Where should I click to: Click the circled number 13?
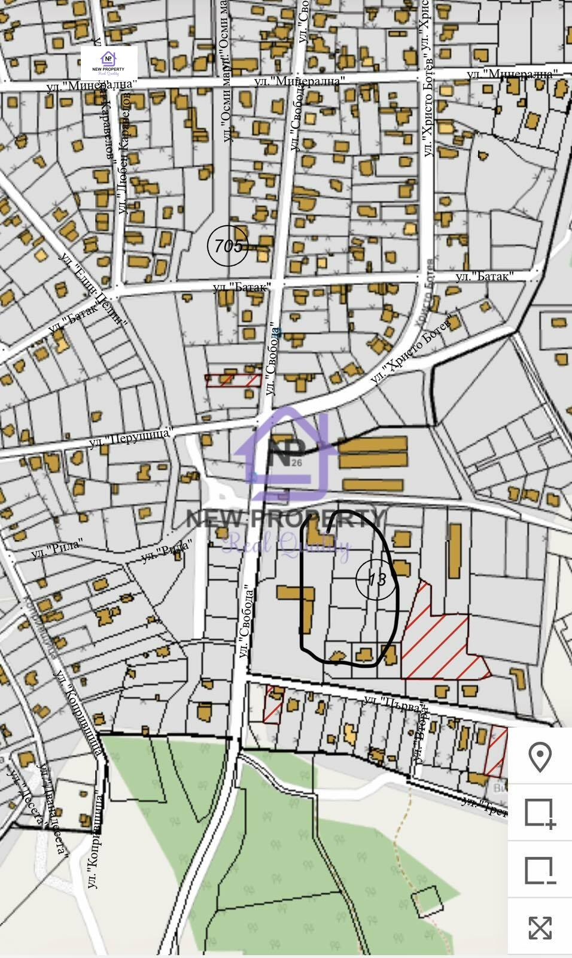[x=377, y=579]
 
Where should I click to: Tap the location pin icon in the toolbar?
[x=540, y=757]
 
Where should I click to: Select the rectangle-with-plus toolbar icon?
[x=540, y=813]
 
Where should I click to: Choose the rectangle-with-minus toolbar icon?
[x=540, y=870]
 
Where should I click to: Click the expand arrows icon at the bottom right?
[x=540, y=927]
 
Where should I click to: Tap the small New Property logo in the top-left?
[x=109, y=63]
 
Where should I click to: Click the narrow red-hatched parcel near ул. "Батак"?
[x=233, y=381]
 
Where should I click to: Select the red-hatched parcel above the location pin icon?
[x=495, y=752]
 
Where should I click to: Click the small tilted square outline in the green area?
[x=428, y=901]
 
